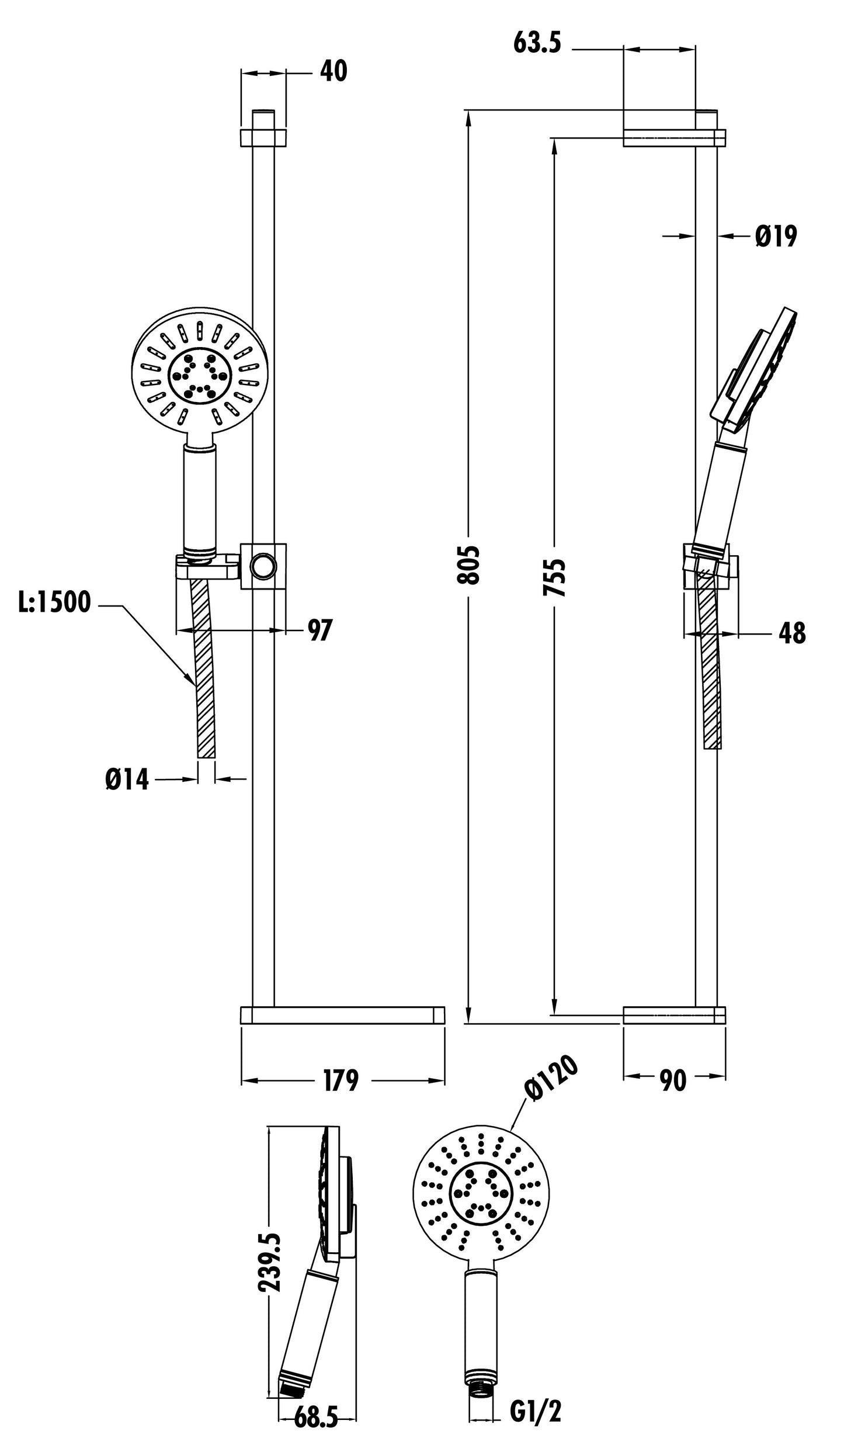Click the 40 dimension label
click(334, 71)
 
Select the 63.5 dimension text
click(537, 43)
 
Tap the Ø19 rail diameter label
click(775, 237)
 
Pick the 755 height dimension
click(554, 577)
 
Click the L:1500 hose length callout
click(54, 602)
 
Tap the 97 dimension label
click(319, 630)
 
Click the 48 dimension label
click(791, 633)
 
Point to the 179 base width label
click(341, 1080)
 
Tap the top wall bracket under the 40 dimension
click(263, 137)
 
